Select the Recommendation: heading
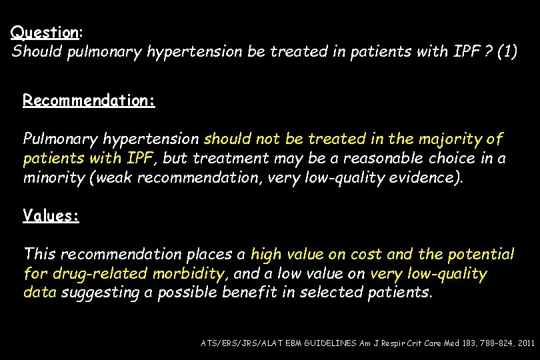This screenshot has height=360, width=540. click(x=89, y=101)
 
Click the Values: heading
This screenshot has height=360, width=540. click(x=51, y=215)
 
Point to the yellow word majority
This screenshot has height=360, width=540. click(x=454, y=139)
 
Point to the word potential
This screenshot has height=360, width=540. click(x=482, y=255)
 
